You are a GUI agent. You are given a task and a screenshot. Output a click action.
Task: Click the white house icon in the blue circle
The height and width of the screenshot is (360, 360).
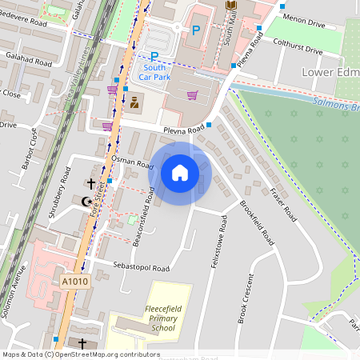(180, 173)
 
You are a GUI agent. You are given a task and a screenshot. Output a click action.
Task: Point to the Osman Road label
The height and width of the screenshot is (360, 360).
(131, 163)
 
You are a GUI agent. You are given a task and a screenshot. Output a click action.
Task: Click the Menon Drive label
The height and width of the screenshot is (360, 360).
(303, 24)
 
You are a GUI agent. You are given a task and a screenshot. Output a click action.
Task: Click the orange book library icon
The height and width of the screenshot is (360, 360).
(231, 6)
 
